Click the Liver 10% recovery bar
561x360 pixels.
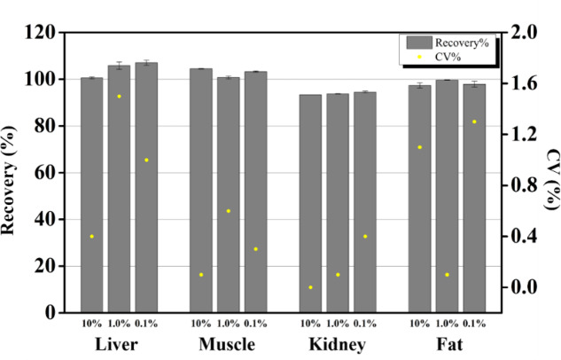92,195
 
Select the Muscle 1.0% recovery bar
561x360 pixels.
229,195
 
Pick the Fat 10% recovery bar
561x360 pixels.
420,199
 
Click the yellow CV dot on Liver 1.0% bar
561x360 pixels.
120,97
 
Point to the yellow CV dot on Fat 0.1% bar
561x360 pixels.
475,122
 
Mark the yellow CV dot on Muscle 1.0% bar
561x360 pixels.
229,211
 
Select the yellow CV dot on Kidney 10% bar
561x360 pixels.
310,287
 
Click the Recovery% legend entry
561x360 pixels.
448,41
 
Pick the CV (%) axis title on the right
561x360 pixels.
549,173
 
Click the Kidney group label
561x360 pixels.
338,344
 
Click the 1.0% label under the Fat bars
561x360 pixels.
448,323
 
